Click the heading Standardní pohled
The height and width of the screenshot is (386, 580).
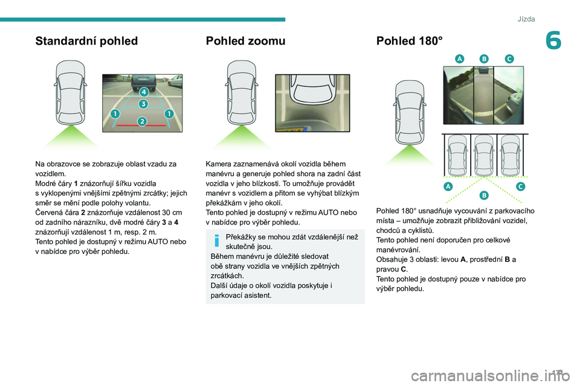pos(86,42)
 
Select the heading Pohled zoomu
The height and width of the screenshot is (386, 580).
pos(245,42)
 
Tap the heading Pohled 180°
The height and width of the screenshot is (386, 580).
pos(409,42)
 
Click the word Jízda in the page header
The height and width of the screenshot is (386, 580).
pos(526,19)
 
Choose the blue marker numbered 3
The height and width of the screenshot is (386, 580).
pos(143,104)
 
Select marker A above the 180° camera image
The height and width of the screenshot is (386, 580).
pos(460,59)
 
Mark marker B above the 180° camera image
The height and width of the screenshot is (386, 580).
pos(484,59)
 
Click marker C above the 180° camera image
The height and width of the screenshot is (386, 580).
pos(509,59)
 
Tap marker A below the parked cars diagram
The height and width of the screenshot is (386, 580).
pos(449,186)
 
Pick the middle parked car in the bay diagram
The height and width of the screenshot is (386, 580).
pos(484,154)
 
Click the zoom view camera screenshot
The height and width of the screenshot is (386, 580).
pos(312,103)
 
